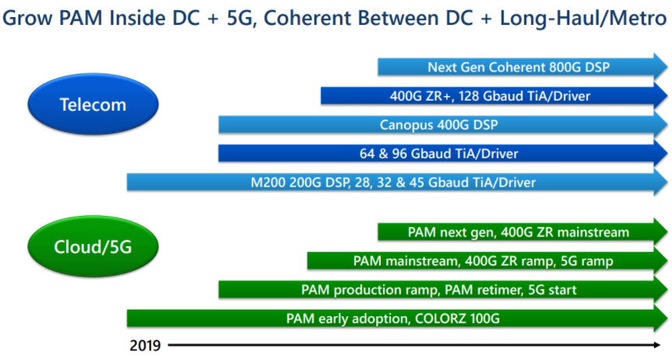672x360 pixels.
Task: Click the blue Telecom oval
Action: pyautogui.click(x=93, y=104)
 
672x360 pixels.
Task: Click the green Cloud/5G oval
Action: pyautogui.click(x=93, y=246)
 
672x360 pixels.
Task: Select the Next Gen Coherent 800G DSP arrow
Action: pyautogui.click(x=522, y=67)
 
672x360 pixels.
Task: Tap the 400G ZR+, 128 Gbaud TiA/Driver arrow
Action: pyautogui.click(x=494, y=96)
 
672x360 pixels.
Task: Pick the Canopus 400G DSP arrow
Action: pyautogui.click(x=443, y=125)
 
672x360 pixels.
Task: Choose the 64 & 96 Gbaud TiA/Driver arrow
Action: pyautogui.click(x=443, y=154)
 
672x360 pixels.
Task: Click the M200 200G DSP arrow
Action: pyautogui.click(x=397, y=182)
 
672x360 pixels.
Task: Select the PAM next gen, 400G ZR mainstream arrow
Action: pyautogui.click(x=522, y=232)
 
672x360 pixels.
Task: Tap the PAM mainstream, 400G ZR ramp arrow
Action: pyautogui.click(x=487, y=261)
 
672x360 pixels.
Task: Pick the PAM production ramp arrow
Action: pyautogui.click(x=443, y=290)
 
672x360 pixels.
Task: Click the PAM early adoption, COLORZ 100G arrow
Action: pyautogui.click(x=397, y=319)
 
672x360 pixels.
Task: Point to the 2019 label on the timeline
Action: pyautogui.click(x=146, y=345)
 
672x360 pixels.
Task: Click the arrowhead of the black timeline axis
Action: pyautogui.click(x=657, y=344)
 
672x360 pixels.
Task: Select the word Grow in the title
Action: pyautogui.click(x=28, y=18)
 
